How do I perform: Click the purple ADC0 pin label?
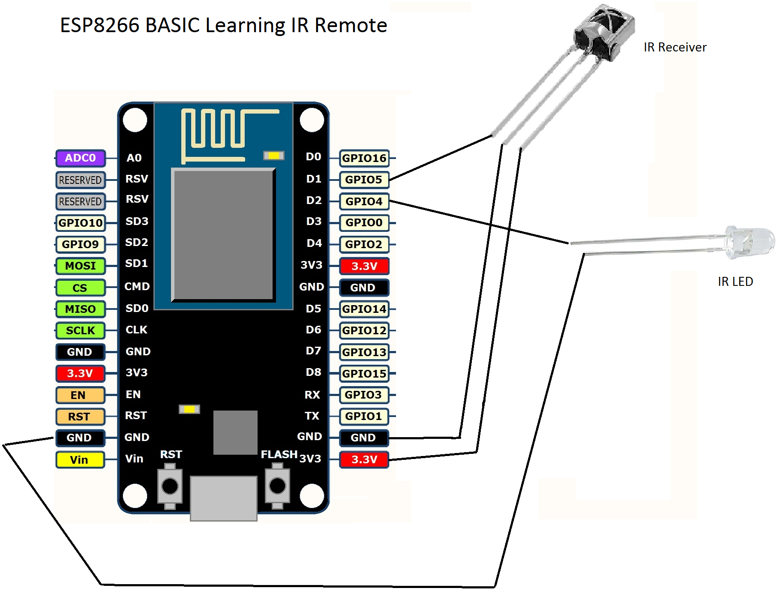tap(80, 158)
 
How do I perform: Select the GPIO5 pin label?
tap(363, 180)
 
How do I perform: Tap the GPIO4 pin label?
tap(363, 201)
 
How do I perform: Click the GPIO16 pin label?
tap(364, 158)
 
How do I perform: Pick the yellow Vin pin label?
tap(80, 459)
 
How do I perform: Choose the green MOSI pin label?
tap(80, 266)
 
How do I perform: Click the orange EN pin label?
tap(80, 395)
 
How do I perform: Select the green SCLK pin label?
tap(80, 330)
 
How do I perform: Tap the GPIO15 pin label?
tap(364, 373)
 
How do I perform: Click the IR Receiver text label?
tap(675, 47)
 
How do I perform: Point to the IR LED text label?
tap(735, 282)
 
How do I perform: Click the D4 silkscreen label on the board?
tap(314, 243)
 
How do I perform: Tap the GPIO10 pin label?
tap(80, 222)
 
